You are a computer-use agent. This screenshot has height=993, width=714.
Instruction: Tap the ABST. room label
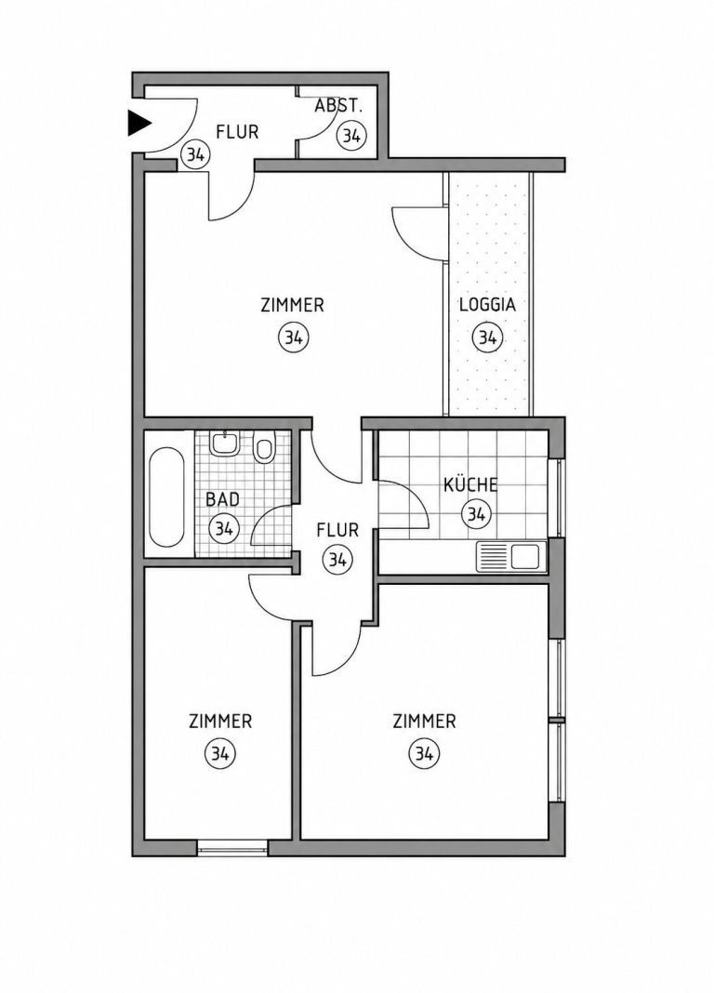point(338,106)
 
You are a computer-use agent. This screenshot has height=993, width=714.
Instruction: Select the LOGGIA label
point(487,305)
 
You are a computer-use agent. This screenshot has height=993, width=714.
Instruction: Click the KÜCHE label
point(470,485)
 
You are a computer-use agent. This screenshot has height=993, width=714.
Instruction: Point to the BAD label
point(223,499)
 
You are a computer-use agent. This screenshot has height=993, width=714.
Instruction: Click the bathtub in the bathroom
point(166,497)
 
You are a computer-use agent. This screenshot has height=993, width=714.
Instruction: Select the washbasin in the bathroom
point(225,444)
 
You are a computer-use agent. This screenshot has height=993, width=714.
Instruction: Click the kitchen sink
point(510,557)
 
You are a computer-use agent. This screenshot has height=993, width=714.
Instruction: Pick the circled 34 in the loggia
point(487,338)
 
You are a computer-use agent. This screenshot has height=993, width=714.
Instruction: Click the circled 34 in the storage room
point(351,135)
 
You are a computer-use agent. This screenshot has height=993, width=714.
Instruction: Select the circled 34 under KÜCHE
point(476,513)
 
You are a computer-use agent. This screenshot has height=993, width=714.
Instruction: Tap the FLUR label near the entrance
point(237,132)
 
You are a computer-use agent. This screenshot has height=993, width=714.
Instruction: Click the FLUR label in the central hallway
point(337,529)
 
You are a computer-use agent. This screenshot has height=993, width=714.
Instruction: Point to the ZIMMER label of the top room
point(293,305)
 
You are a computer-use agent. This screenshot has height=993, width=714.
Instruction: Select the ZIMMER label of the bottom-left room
point(220,722)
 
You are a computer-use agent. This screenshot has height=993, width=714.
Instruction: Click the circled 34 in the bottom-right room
point(424,754)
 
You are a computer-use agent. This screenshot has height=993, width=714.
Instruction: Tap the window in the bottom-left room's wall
point(232,848)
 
